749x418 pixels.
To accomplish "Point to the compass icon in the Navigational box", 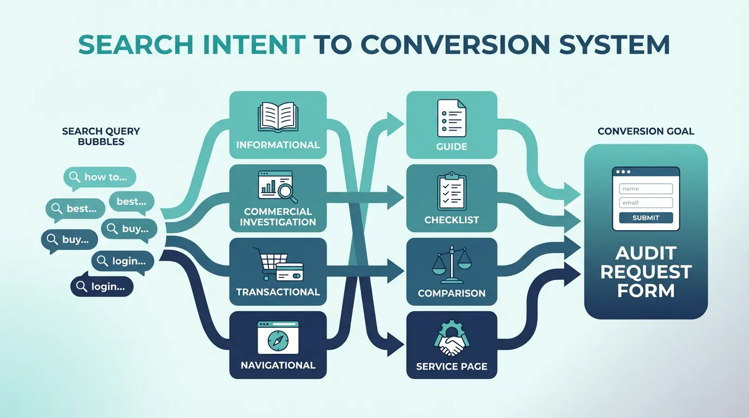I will click(x=278, y=340).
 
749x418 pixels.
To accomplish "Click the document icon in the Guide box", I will click(x=451, y=117).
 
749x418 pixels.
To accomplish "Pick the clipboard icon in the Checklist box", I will click(x=451, y=192).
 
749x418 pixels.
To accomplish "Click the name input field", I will click(x=646, y=189).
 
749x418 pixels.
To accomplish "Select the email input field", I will click(x=646, y=202).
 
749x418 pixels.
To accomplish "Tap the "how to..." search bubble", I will click(x=100, y=177).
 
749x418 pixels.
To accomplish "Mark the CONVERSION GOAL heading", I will click(x=646, y=131).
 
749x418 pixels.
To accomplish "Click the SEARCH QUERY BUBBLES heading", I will click(x=101, y=136).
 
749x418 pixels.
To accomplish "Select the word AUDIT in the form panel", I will click(x=646, y=253).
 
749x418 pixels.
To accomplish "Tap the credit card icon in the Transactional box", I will click(x=290, y=271).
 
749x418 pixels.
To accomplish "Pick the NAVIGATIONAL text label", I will click(x=278, y=365).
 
